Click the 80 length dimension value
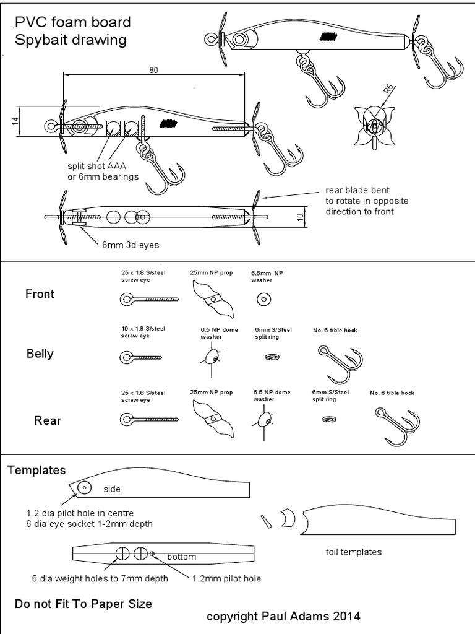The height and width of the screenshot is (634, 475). (153, 70)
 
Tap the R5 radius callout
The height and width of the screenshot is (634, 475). (388, 90)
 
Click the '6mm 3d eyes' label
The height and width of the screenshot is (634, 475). (131, 245)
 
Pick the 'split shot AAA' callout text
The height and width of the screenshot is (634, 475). (98, 166)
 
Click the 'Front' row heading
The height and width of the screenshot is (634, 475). (40, 294)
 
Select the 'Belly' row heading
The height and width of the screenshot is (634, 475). (40, 354)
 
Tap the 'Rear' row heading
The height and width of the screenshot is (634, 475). (47, 420)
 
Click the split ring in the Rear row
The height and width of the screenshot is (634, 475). (329, 419)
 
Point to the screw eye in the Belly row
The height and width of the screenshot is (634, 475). (140, 358)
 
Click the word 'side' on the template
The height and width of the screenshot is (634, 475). (111, 489)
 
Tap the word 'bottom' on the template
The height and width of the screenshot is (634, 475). (181, 557)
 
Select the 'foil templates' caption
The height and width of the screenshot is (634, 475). (354, 552)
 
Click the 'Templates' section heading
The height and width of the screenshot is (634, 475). (36, 470)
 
